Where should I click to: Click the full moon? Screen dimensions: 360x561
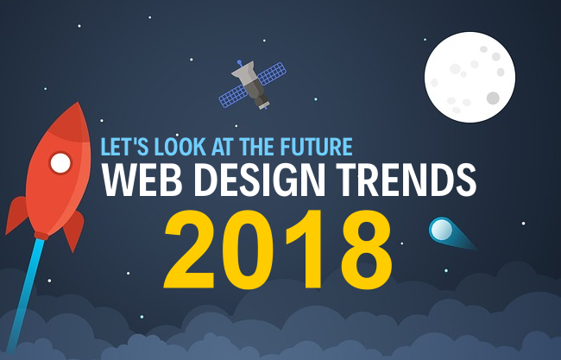tap(469, 78)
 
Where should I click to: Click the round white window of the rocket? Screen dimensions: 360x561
tap(60, 162)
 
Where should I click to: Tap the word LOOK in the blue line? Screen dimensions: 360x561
tap(177, 145)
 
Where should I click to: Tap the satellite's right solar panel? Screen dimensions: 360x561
tap(273, 72)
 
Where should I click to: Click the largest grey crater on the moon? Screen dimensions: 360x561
tap(493, 98)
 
